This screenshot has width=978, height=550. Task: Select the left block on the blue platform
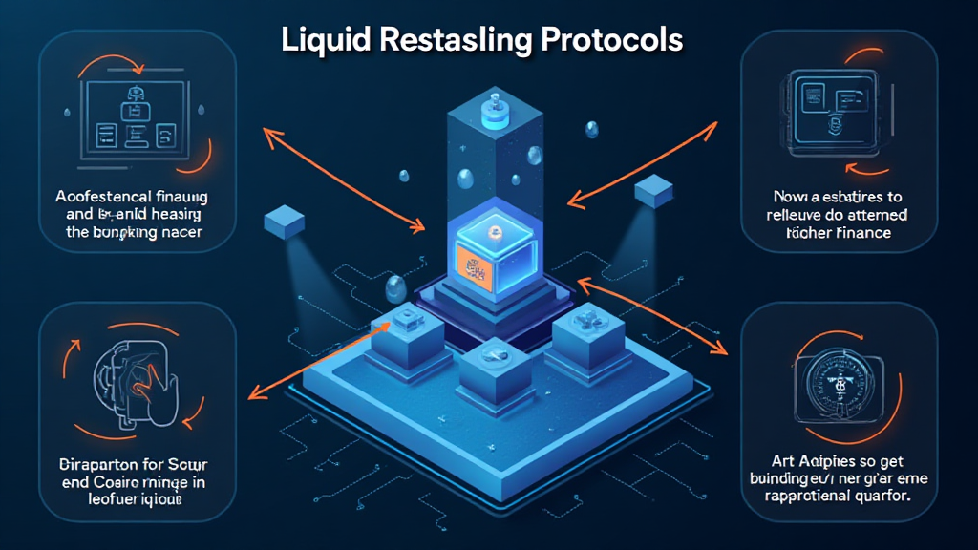402,333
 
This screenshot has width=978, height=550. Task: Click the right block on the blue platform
582,331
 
